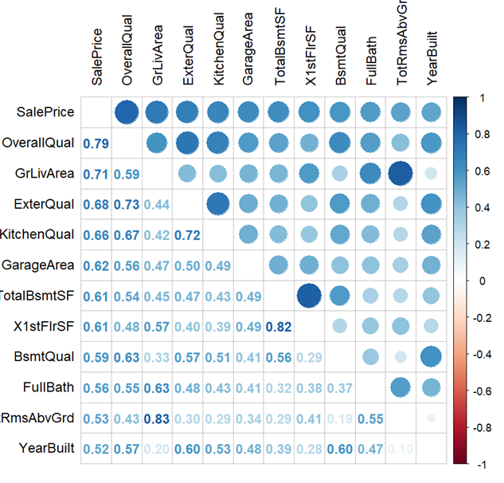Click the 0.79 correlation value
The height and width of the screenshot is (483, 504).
(96, 143)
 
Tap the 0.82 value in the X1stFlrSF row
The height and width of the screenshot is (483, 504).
(279, 326)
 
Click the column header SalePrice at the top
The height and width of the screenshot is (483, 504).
(97, 57)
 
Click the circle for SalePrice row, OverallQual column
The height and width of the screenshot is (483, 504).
(127, 113)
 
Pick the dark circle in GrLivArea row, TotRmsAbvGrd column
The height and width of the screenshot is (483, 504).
(400, 174)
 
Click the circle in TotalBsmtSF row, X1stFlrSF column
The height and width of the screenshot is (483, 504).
(309, 296)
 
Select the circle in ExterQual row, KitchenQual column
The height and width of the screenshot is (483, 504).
(218, 205)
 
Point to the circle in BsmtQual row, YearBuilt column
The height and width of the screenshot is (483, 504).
(431, 357)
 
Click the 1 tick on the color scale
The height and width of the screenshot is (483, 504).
(479, 97)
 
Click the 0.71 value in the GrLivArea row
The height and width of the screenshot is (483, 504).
(96, 174)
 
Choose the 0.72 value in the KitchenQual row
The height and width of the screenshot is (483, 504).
(188, 235)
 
